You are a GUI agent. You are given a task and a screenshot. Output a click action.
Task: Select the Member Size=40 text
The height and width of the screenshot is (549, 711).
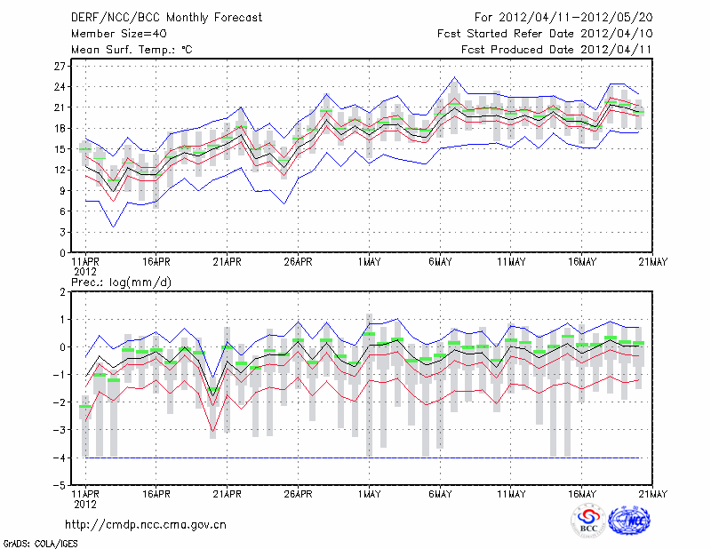[112, 34]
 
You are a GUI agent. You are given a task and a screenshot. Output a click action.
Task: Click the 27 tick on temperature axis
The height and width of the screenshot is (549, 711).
[60, 67]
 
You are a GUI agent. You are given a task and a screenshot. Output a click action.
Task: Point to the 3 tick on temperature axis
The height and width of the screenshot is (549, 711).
[64, 232]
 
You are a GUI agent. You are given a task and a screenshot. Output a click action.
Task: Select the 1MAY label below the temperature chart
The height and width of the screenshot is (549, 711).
[369, 262]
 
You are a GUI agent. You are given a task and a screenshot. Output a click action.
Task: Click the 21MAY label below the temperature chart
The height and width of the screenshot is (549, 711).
[653, 262]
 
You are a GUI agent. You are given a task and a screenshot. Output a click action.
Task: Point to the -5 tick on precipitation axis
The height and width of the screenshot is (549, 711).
[60, 486]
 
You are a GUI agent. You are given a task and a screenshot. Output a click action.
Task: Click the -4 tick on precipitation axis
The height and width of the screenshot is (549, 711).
[60, 458]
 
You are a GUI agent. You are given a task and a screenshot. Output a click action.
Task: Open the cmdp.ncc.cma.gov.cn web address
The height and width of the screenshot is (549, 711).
[146, 524]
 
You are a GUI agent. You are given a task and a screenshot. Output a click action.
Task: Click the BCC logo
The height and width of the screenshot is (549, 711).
[588, 521]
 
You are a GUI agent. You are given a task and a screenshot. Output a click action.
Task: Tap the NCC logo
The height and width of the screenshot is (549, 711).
[631, 521]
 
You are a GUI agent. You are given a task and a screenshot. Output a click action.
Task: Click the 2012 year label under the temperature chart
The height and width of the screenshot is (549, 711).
[84, 271]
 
